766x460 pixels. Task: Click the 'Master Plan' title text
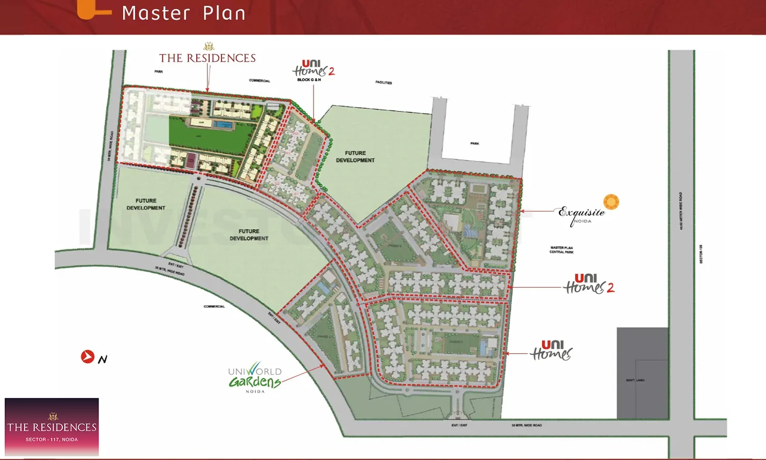(x=183, y=13)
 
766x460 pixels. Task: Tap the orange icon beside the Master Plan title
(x=92, y=10)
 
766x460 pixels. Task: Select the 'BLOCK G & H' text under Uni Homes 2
(x=309, y=80)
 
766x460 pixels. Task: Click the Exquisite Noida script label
(x=581, y=214)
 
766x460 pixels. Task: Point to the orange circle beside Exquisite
(x=611, y=202)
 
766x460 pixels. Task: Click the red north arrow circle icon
(x=87, y=356)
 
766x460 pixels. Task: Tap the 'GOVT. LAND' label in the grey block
(x=635, y=380)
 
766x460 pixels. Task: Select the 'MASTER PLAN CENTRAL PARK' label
(x=561, y=250)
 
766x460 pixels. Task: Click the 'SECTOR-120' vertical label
(x=701, y=254)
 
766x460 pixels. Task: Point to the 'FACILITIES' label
(x=384, y=82)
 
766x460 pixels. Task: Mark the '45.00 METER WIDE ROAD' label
(x=681, y=211)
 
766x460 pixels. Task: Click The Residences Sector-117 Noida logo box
(x=52, y=427)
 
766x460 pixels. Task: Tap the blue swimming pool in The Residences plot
(x=223, y=125)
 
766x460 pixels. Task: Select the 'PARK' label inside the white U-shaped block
(x=474, y=144)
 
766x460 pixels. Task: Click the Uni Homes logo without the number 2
(x=552, y=351)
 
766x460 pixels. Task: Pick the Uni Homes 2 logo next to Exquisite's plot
(x=588, y=284)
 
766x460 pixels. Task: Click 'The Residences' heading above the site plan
(x=207, y=58)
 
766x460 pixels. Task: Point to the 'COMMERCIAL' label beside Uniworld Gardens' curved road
(x=214, y=307)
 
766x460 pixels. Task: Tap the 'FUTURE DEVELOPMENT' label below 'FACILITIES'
(x=355, y=156)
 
